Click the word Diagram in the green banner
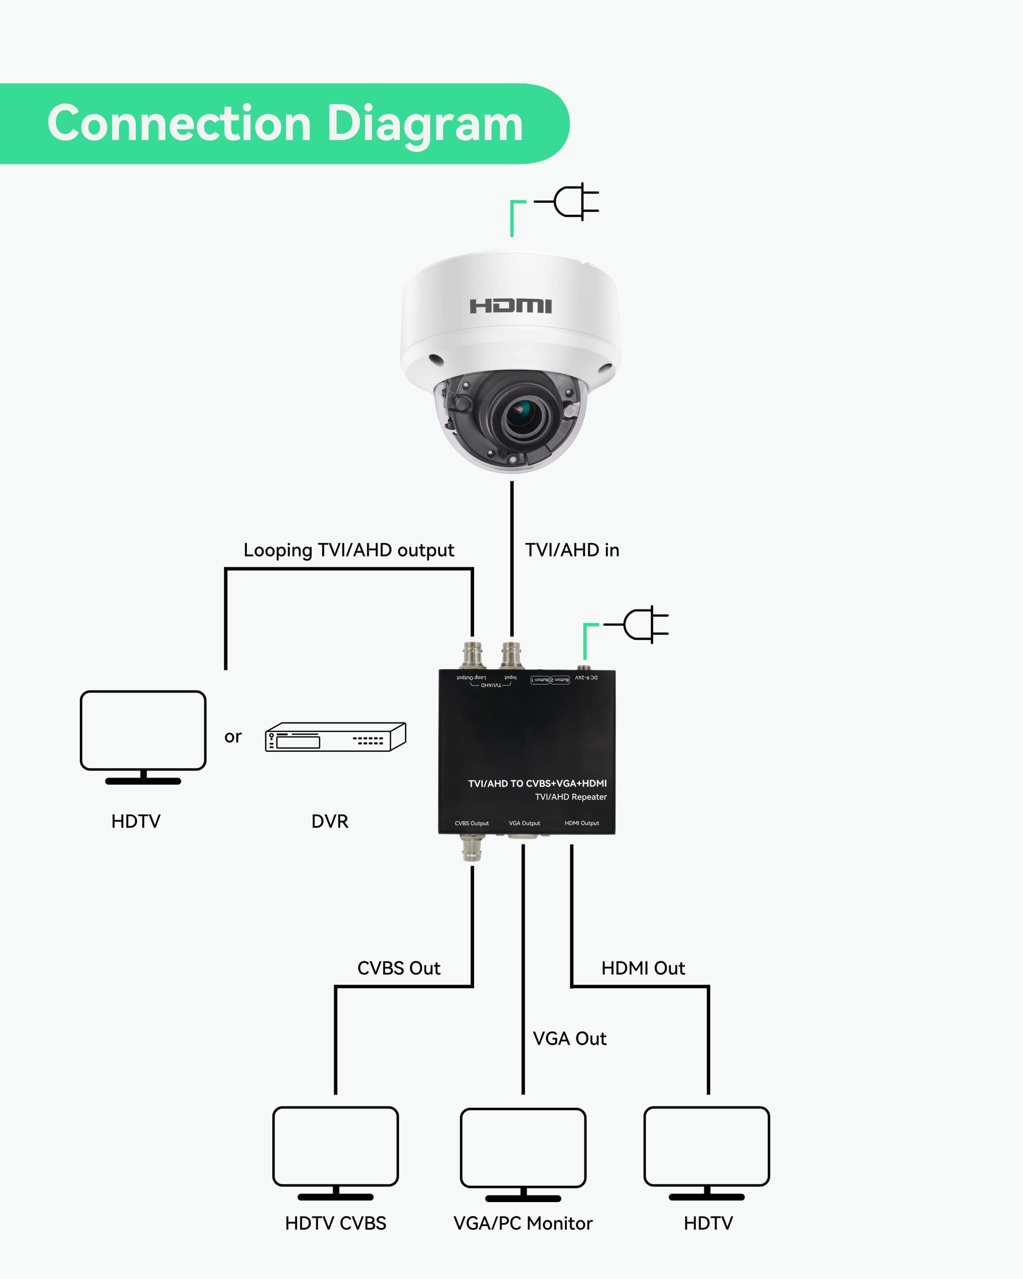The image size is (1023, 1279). (425, 123)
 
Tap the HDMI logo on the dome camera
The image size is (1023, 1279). (511, 306)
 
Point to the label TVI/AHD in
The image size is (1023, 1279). (572, 550)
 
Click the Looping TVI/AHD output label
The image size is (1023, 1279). (349, 550)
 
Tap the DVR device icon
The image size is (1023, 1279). (336, 737)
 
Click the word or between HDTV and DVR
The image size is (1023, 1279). (233, 736)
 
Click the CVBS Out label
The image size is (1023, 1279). (399, 968)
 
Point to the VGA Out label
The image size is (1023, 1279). (569, 1039)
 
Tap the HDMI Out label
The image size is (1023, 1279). (643, 968)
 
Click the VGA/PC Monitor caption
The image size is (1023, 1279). (522, 1223)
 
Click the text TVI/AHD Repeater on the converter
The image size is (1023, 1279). (570, 797)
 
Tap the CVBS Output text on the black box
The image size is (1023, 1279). (472, 823)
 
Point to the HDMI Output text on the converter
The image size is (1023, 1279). (582, 823)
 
